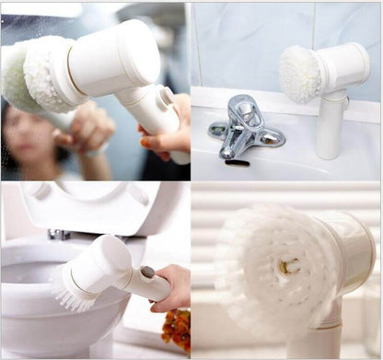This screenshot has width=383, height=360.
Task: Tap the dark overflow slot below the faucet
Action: pyautogui.click(x=237, y=163)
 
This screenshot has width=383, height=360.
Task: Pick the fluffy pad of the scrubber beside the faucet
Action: pyautogui.click(x=298, y=73)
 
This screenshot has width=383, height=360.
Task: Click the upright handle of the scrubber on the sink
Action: pyautogui.click(x=330, y=125)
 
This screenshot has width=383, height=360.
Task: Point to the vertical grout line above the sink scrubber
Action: pyautogui.click(x=313, y=22)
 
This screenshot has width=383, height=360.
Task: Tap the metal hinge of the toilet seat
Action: pyautogui.click(x=60, y=235)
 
